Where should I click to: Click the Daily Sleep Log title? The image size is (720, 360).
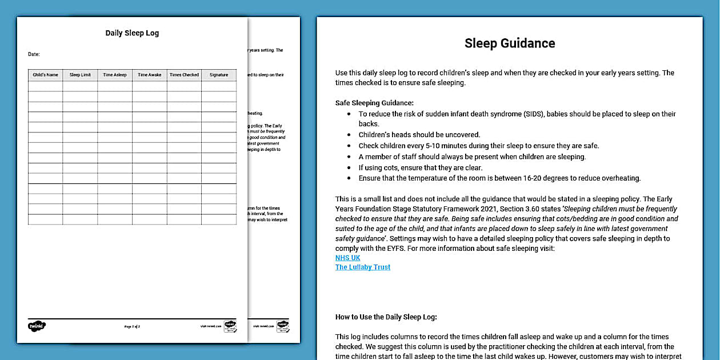click(132, 33)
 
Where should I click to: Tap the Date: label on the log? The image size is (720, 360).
click(34, 54)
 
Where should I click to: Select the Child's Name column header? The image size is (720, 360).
click(46, 75)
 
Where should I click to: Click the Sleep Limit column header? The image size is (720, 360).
click(80, 75)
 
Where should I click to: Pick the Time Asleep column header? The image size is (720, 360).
click(115, 75)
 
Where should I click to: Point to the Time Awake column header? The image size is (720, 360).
click(150, 75)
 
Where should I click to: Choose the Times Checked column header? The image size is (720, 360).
click(184, 75)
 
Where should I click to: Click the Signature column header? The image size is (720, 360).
click(219, 75)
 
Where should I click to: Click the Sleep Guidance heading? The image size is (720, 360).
click(510, 43)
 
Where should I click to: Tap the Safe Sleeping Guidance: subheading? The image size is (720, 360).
click(374, 103)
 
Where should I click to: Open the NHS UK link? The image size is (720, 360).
click(347, 258)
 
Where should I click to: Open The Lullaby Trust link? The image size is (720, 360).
click(363, 267)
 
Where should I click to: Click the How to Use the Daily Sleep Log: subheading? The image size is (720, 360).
click(386, 317)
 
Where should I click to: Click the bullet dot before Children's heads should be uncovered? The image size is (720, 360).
click(350, 135)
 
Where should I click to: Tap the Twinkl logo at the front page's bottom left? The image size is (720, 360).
click(37, 326)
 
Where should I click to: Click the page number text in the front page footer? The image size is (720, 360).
click(132, 326)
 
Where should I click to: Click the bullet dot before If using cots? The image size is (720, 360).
click(350, 167)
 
